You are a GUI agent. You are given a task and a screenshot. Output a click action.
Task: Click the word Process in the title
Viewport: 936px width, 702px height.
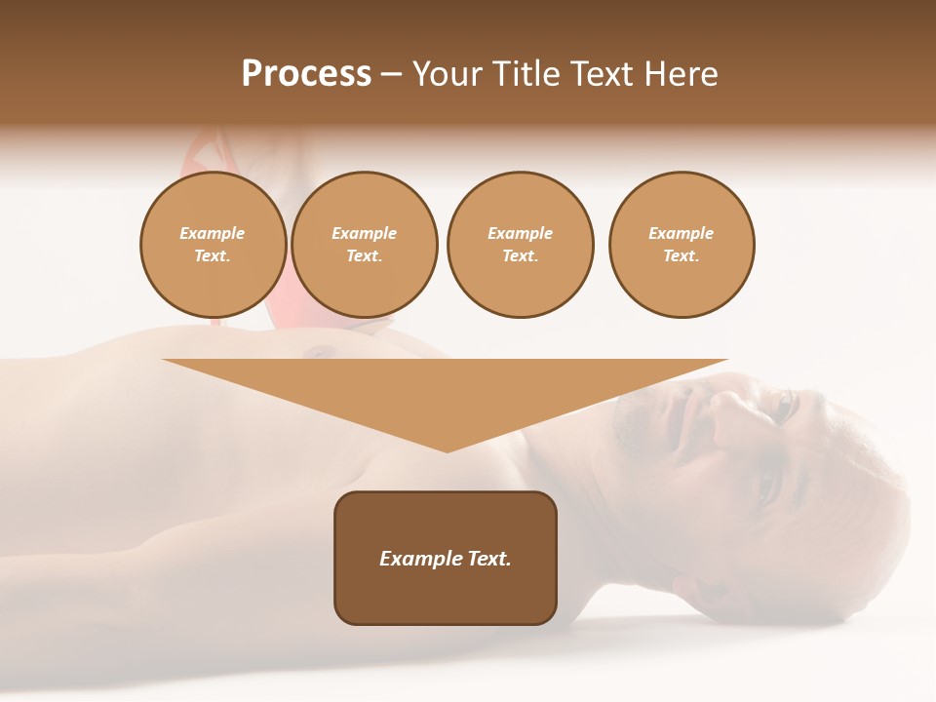306,74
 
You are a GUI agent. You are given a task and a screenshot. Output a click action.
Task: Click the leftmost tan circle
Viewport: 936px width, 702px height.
213,245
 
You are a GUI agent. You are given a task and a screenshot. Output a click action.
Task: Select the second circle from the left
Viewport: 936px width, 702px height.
365,245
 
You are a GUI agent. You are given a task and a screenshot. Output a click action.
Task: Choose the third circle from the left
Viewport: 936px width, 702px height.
520,245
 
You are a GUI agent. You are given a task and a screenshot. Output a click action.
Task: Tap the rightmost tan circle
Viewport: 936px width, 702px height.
682,245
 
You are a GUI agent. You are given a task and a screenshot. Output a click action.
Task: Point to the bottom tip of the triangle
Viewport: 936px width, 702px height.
447,449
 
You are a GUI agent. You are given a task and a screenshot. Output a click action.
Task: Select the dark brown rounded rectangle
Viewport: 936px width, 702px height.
446,558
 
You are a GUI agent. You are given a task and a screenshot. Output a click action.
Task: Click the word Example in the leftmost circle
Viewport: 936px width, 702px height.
213,234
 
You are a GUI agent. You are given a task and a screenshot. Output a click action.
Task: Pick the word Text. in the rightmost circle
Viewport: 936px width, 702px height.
682,256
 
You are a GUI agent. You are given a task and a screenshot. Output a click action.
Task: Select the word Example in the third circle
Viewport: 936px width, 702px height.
520,234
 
